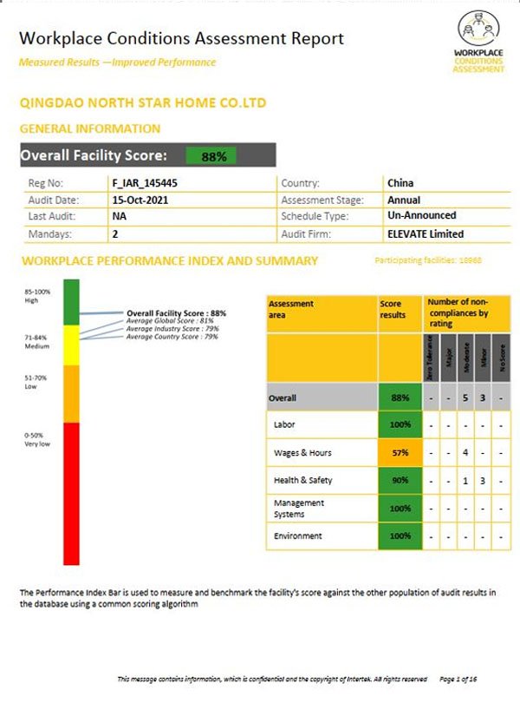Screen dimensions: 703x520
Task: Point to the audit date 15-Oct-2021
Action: (141, 200)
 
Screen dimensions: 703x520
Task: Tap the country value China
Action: (400, 183)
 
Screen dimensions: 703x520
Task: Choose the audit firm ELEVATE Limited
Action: (425, 233)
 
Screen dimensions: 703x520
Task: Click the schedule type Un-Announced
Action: (421, 216)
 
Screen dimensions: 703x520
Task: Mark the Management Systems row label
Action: (299, 508)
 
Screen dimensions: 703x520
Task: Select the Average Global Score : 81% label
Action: (170, 320)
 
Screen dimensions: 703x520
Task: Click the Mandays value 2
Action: (115, 233)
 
